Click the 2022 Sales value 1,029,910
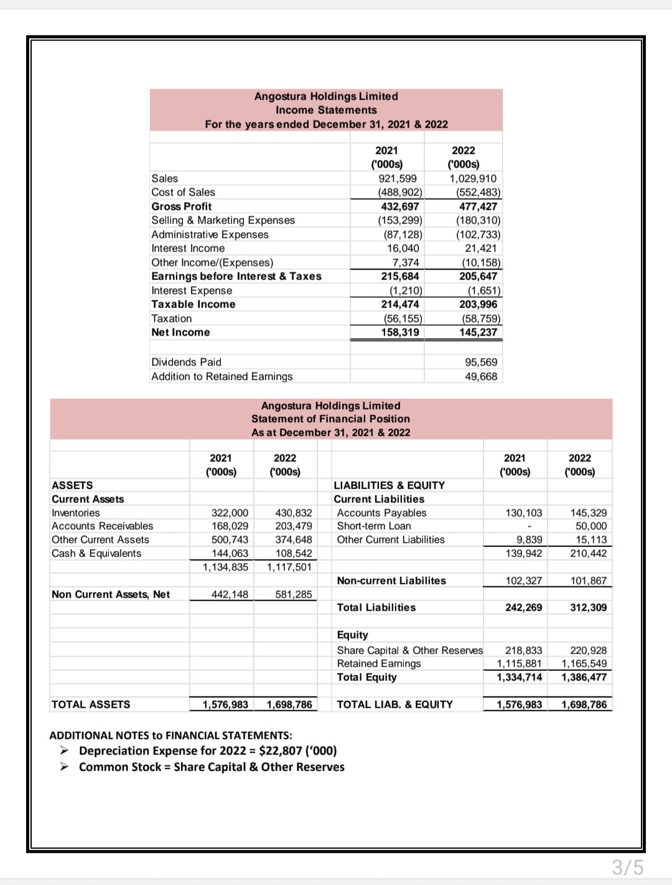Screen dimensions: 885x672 tap(473, 179)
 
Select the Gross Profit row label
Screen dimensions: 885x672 tap(182, 207)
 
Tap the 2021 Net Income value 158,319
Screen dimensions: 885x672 tap(400, 332)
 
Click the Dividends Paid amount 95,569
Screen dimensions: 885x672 tap(481, 362)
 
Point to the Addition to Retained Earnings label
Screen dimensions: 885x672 tap(222, 377)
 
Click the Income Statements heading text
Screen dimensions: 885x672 tap(326, 110)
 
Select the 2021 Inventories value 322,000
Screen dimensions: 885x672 tap(230, 513)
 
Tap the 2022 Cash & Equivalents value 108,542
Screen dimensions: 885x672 tap(294, 553)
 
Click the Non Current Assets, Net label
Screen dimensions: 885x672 tap(111, 594)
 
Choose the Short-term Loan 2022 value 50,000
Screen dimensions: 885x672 tap(591, 526)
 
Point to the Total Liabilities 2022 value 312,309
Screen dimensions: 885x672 tap(588, 607)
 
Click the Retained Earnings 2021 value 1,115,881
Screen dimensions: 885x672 tap(519, 663)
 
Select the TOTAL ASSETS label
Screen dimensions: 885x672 tap(91, 705)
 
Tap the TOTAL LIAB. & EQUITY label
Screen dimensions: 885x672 tap(394, 705)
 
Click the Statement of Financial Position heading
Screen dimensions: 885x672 tap(330, 419)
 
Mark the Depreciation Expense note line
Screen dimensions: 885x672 tap(208, 751)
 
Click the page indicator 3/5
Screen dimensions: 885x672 tap(627, 867)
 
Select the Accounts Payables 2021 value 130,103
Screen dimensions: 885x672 tap(523, 513)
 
